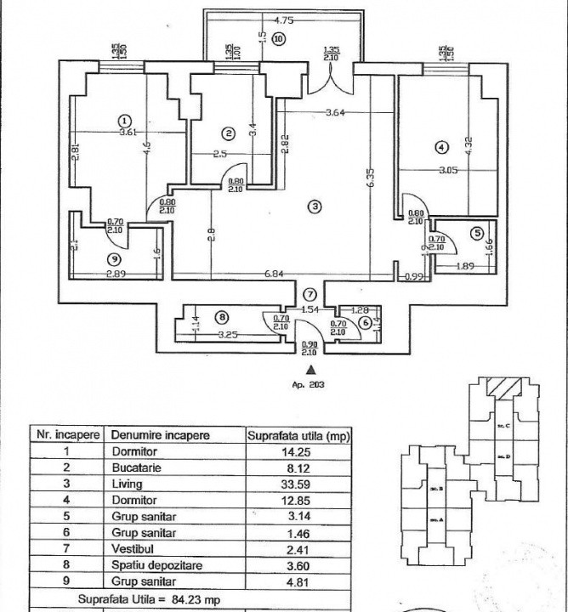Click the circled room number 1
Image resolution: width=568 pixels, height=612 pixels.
click(x=124, y=121)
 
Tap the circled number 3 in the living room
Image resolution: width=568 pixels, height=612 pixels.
click(x=315, y=207)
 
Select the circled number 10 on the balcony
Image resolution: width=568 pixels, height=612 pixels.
click(x=279, y=38)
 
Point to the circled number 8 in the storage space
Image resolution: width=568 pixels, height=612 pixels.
click(x=223, y=317)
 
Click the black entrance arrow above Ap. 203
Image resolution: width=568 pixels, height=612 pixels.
click(x=312, y=369)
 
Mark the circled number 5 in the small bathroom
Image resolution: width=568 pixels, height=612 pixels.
click(x=477, y=232)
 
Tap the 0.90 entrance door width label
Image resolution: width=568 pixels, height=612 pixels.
click(x=310, y=344)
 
